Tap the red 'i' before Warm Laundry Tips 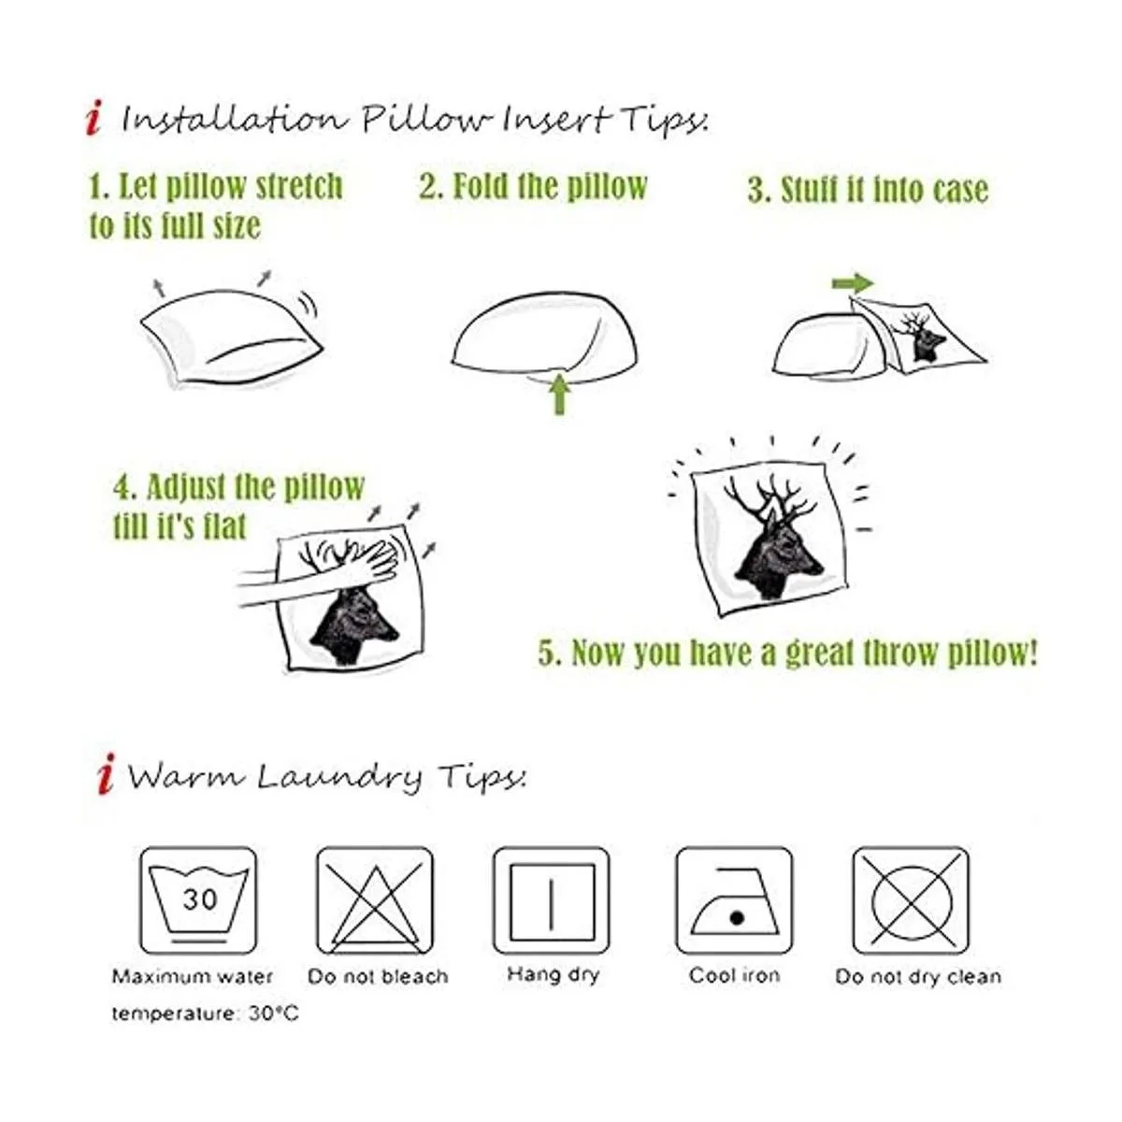[107, 774]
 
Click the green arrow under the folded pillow [559, 394]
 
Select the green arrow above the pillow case [853, 283]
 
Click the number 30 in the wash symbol [200, 899]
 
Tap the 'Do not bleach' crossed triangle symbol [375, 900]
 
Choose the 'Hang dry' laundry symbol [552, 900]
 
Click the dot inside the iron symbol [737, 918]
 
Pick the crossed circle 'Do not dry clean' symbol [912, 900]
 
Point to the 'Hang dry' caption [554, 974]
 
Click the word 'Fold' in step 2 [480, 186]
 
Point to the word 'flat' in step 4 [226, 526]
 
